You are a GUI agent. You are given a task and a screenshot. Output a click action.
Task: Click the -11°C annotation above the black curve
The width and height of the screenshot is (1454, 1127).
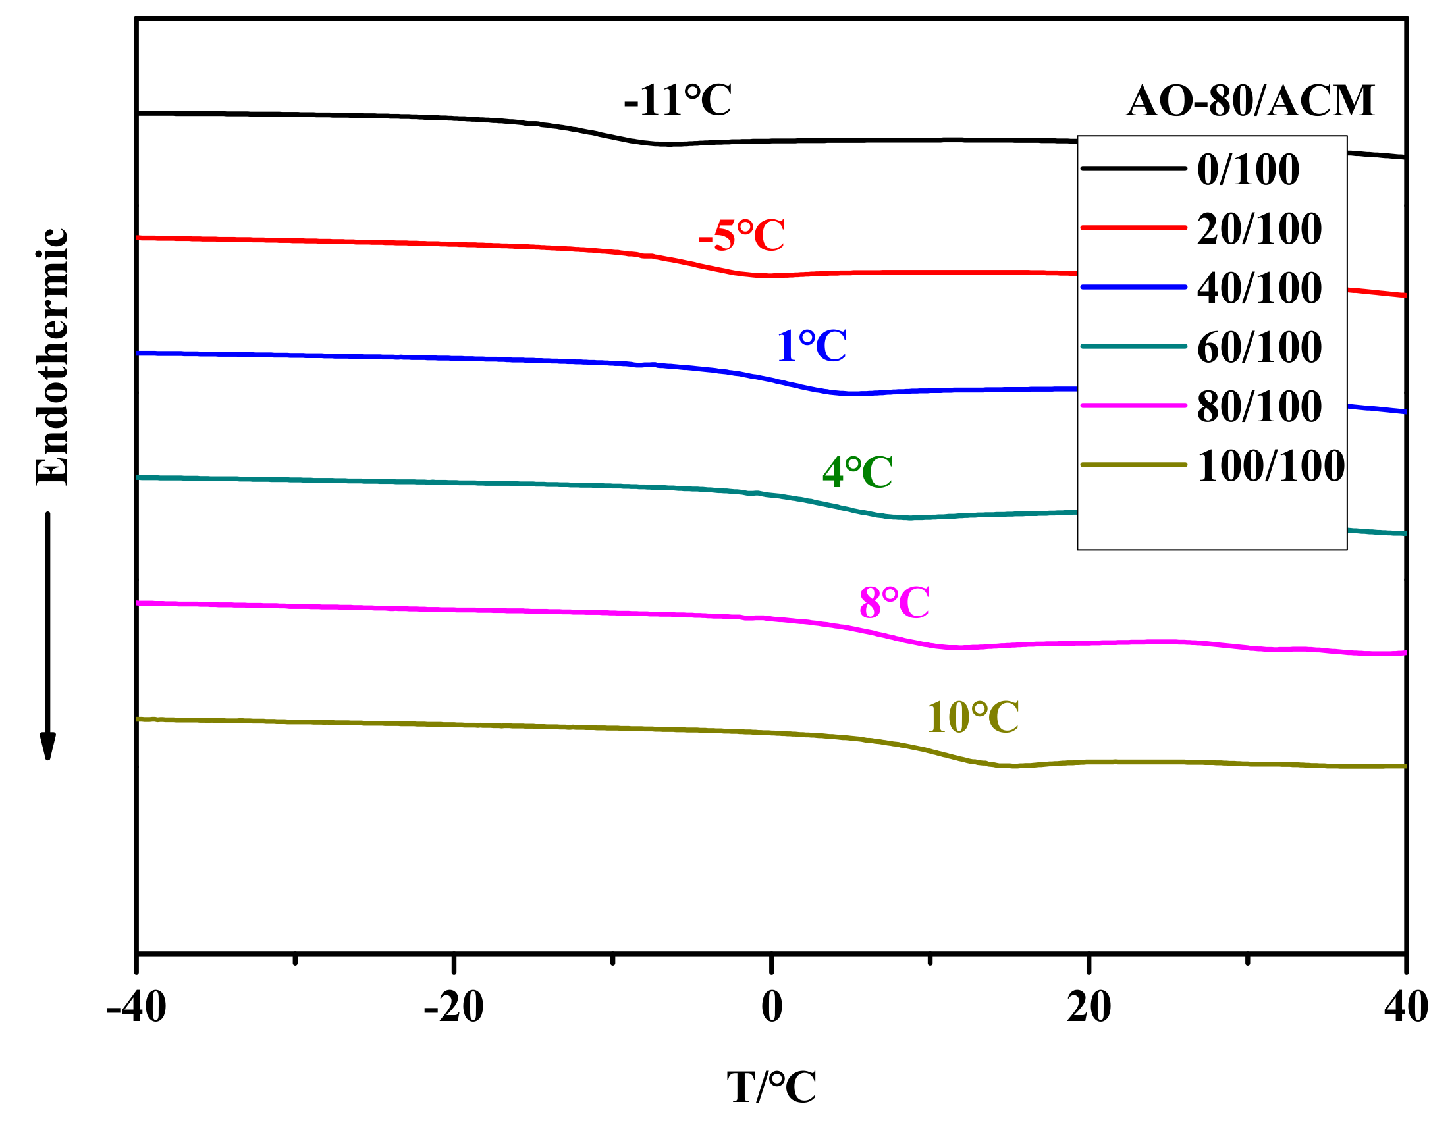[x=678, y=101]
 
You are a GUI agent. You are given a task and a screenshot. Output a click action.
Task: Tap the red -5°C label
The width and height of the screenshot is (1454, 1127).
[x=741, y=236]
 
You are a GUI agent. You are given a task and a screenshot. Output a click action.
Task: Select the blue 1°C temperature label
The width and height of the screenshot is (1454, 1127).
[x=811, y=346]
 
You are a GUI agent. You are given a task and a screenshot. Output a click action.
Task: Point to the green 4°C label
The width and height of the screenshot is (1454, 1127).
[x=857, y=472]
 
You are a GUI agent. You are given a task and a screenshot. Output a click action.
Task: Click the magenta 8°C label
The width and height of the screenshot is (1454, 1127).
[x=894, y=603]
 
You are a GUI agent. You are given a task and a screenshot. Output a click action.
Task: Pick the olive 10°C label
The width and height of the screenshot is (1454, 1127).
[x=973, y=718]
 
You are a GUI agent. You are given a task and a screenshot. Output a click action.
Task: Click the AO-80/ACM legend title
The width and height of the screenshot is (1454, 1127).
[x=1251, y=101]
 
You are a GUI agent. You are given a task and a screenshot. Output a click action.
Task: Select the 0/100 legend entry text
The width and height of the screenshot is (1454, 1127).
[x=1249, y=169]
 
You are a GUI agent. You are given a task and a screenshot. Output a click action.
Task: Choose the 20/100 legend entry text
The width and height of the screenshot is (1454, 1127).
[x=1260, y=228]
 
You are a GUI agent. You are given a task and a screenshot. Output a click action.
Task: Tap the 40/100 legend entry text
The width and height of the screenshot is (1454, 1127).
[x=1260, y=288]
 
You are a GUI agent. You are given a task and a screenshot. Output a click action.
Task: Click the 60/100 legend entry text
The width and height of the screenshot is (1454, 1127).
[x=1260, y=347]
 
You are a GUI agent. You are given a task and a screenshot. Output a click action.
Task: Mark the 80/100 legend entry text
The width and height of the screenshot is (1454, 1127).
[x=1260, y=406]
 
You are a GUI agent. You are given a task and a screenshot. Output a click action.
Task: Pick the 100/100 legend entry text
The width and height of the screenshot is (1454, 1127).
[x=1271, y=465]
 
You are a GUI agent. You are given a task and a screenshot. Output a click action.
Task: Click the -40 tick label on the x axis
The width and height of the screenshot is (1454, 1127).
[x=136, y=1007]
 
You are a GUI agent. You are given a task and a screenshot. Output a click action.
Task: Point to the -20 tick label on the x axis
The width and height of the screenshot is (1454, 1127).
[x=453, y=1007]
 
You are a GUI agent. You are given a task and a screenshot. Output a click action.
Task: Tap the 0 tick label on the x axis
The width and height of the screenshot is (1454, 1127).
[x=772, y=1007]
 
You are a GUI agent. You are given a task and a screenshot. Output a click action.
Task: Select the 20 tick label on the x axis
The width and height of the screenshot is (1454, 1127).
[x=1089, y=1007]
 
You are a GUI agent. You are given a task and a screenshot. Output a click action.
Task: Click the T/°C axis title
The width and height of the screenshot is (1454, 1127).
[x=772, y=1088]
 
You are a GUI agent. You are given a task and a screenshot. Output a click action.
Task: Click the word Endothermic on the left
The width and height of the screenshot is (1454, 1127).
[x=52, y=357]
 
